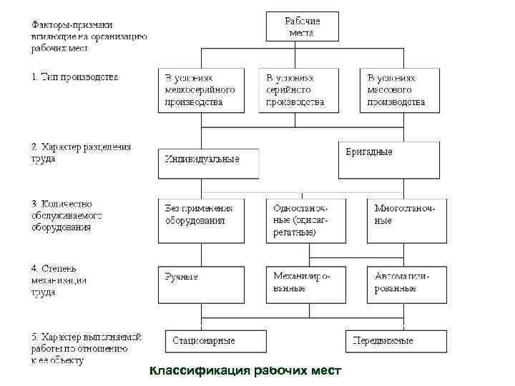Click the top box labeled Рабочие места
pyautogui.click(x=303, y=26)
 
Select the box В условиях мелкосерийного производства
pyautogui.click(x=201, y=90)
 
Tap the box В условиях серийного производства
pyautogui.click(x=303, y=90)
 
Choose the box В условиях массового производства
pyautogui.click(x=404, y=90)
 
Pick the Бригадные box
pyautogui.click(x=389, y=159)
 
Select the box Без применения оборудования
pyautogui.click(x=201, y=221)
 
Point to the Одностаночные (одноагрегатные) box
pyautogui.click(x=303, y=221)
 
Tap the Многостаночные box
pyautogui.click(x=406, y=221)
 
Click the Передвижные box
pyautogui.click(x=396, y=340)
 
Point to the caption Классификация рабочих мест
pyautogui.click(x=246, y=370)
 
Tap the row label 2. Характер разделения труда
pyautogui.click(x=81, y=153)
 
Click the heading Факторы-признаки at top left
pyautogui.click(x=88, y=34)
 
